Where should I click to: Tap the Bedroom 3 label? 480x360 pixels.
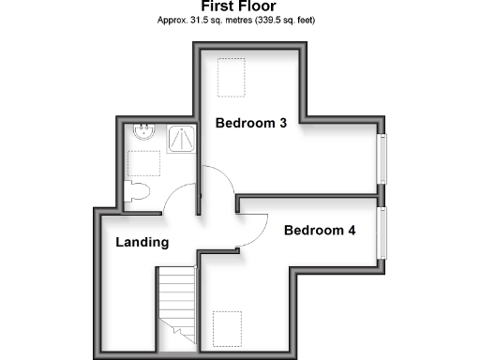tap(250, 123)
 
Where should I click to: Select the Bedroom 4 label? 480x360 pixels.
tap(319, 230)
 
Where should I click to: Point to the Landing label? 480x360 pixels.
tap(142, 243)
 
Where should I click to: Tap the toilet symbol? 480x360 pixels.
tap(140, 192)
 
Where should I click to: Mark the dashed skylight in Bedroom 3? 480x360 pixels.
tap(230, 77)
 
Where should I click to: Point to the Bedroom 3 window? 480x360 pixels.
tap(382, 158)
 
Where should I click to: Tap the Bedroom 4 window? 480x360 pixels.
tap(382, 231)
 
